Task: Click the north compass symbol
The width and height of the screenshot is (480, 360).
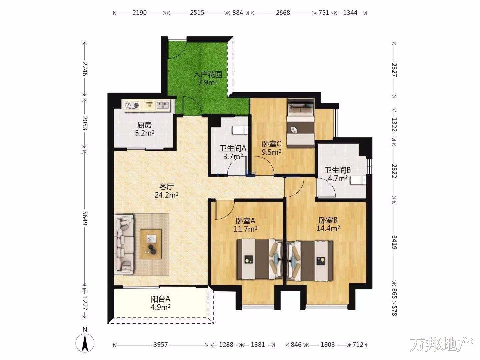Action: [x=85, y=344]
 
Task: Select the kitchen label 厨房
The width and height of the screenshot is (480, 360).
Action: [x=144, y=125]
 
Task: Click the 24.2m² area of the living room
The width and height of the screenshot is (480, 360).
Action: [x=166, y=195]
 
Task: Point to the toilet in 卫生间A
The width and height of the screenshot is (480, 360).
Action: [x=240, y=130]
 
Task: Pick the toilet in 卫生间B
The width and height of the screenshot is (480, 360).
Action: [x=358, y=180]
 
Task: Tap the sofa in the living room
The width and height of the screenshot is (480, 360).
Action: [x=124, y=245]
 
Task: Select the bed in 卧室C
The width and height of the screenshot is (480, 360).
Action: [x=300, y=123]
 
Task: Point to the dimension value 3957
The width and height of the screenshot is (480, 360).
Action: [x=161, y=345]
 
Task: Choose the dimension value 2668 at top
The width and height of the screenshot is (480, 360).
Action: [x=283, y=13]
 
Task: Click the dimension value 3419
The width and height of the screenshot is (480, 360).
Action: [x=394, y=242]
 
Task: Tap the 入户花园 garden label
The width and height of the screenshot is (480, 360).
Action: [x=208, y=75]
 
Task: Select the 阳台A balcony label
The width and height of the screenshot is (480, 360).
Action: [x=161, y=299]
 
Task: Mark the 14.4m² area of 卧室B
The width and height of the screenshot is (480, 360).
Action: [x=328, y=228]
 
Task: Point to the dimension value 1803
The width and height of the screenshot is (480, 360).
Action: [x=328, y=345]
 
